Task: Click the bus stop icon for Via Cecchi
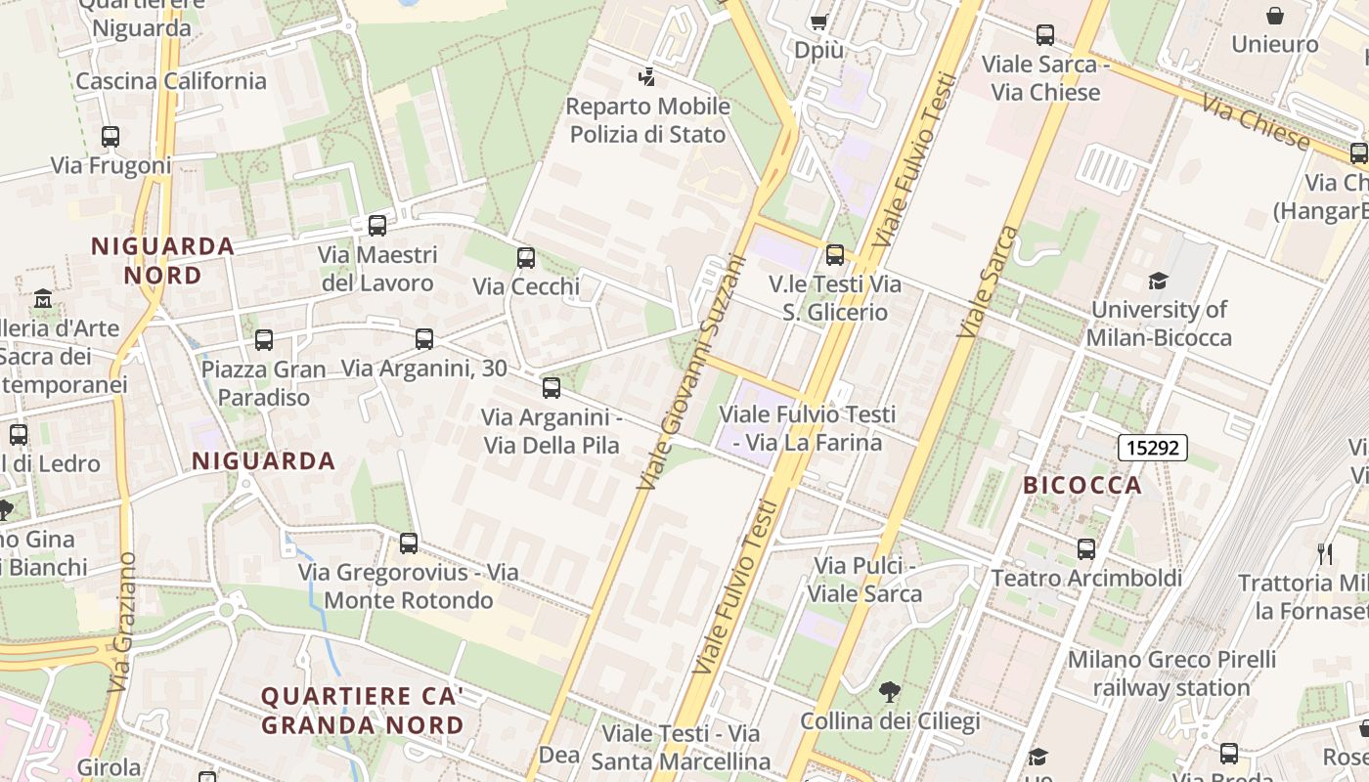pos(525,258)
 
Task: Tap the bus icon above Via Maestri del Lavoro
pos(377,226)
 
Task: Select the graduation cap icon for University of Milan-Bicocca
pos(1158,282)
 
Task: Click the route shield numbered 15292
pos(1153,449)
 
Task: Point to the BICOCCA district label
pos(1082,485)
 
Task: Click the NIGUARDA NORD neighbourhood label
pos(163,260)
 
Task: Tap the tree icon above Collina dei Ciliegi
pos(889,693)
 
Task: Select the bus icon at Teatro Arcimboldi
pos(1086,549)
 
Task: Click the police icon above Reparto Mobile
pos(646,76)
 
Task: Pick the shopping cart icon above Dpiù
pos(818,21)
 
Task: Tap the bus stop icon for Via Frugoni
pos(110,137)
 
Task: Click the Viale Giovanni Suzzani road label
pos(691,373)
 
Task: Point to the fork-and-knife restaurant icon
pos(1325,554)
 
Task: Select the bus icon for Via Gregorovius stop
pos(409,543)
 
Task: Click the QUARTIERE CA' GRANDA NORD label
pos(362,711)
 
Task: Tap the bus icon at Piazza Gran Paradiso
pos(263,340)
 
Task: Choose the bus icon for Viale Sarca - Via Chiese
pos(1045,36)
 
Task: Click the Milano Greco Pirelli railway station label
pos(1171,673)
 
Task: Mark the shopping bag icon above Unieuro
pos(1275,16)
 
